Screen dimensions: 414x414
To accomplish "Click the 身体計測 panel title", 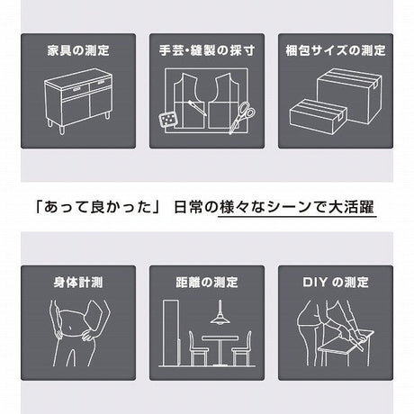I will click(x=78, y=283).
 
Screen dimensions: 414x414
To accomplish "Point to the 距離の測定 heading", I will click(x=207, y=283).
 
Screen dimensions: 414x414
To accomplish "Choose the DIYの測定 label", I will click(x=335, y=283).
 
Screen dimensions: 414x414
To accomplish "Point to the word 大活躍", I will click(x=352, y=208).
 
